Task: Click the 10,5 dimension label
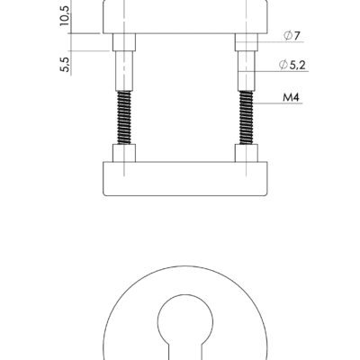tap(65, 15)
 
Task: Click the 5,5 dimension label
tap(65, 65)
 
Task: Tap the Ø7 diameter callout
tap(292, 36)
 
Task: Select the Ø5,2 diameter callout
tap(292, 65)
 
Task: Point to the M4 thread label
tap(291, 97)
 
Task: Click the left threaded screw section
tap(124, 118)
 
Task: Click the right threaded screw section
tap(247, 118)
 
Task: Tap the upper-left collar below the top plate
tap(124, 42)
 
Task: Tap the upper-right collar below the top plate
tap(247, 42)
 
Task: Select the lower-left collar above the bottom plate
tap(124, 153)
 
